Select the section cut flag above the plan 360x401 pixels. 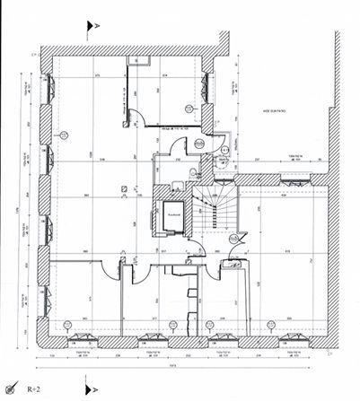[x=89, y=27]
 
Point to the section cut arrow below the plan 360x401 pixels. [x=88, y=390]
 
